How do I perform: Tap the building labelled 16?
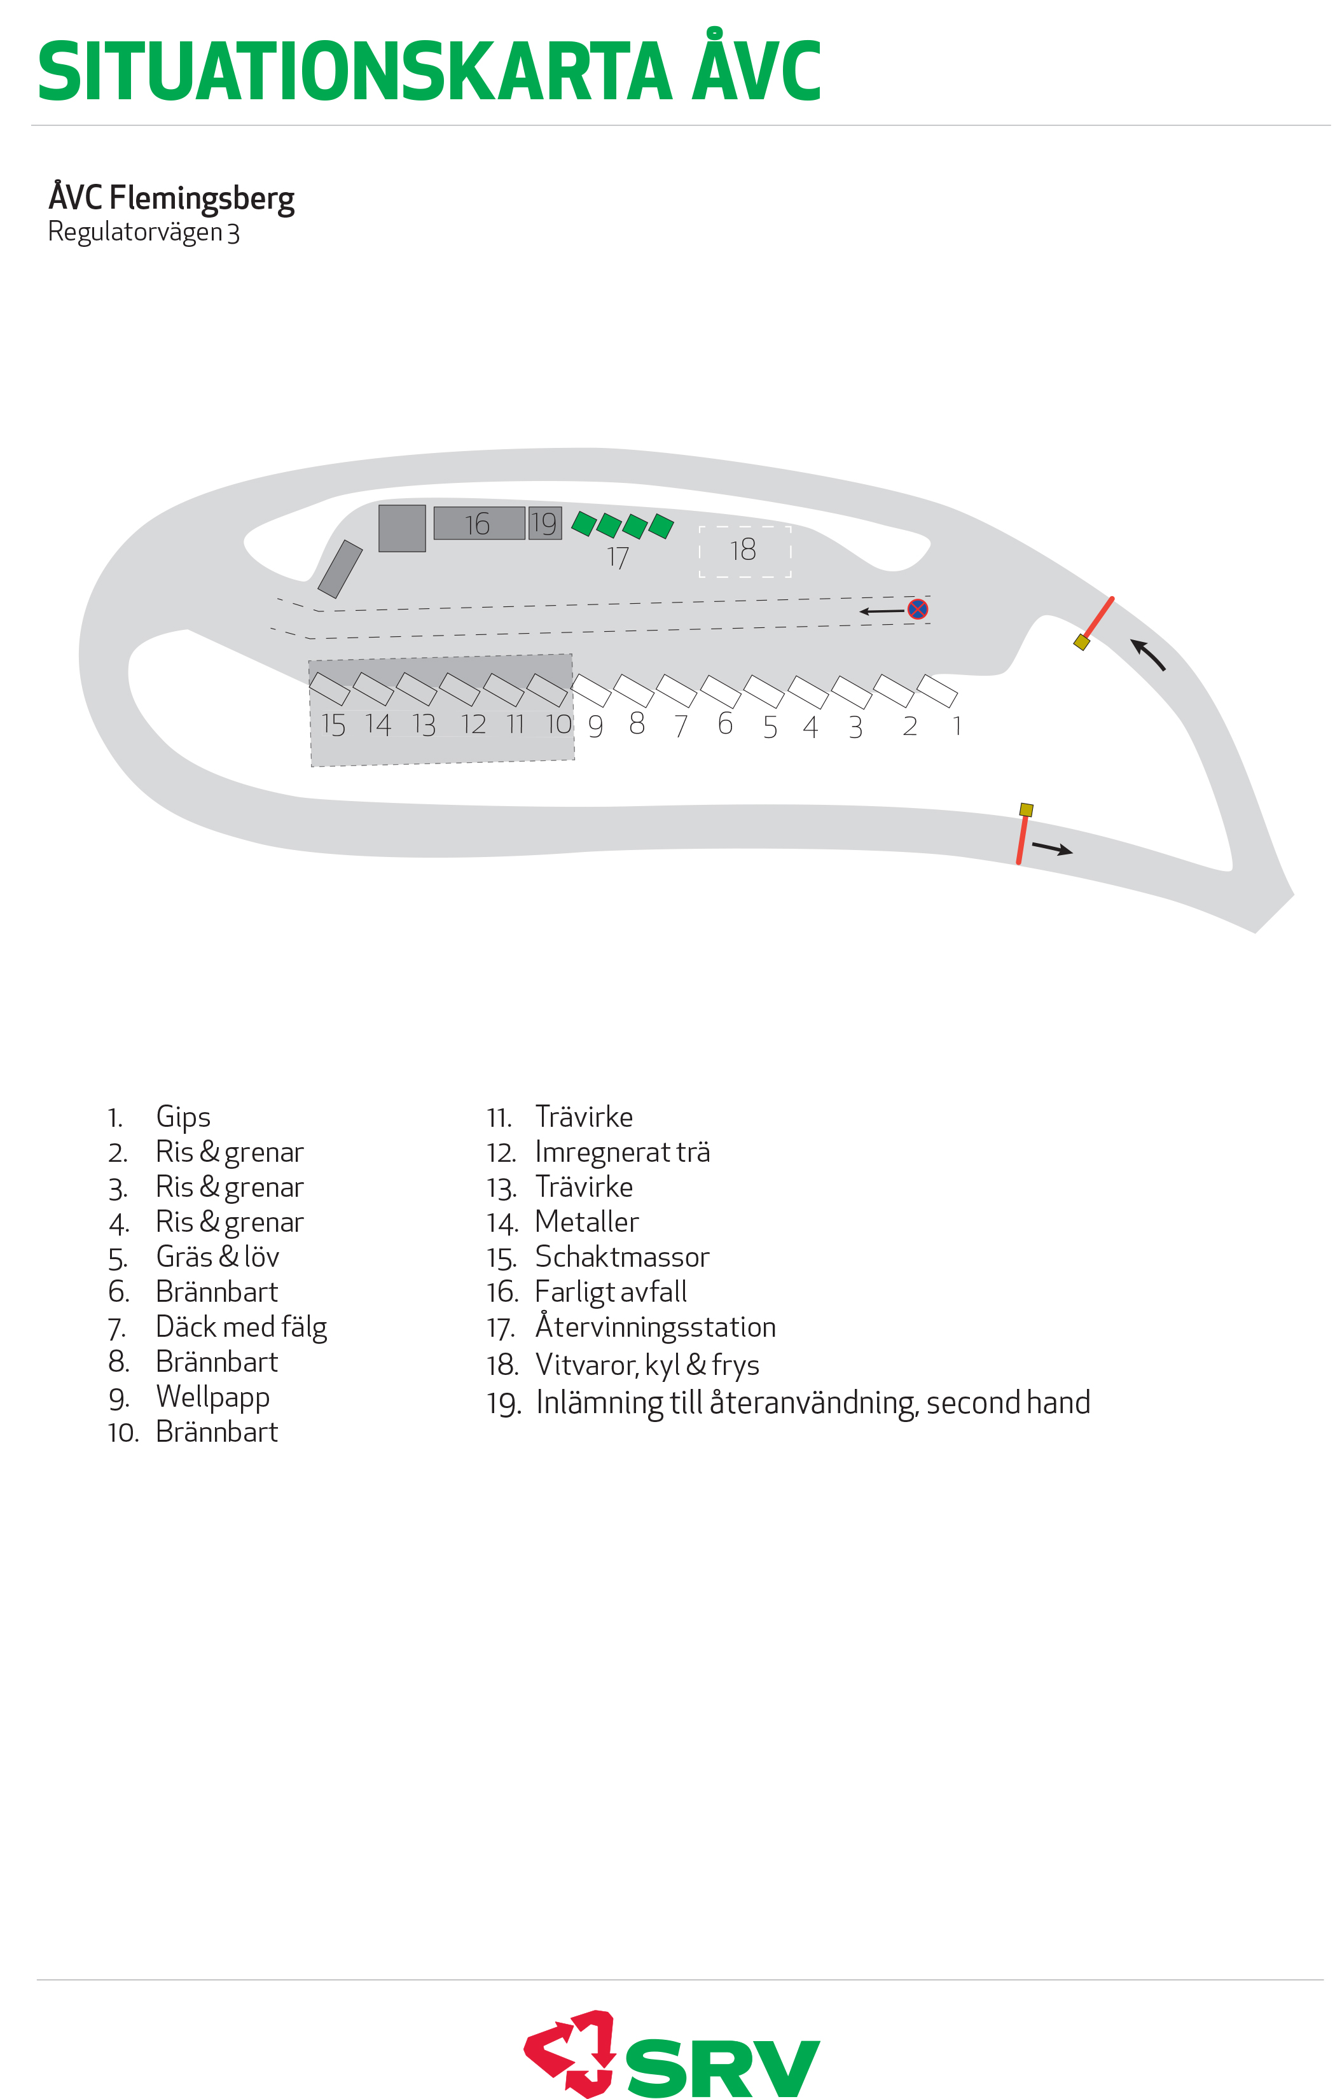pos(480,523)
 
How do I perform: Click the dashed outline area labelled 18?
pos(745,551)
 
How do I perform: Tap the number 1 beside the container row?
pos(957,725)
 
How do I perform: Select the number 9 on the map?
pos(596,726)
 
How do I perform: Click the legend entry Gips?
pos(183,1117)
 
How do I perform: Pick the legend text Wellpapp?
pos(212,1397)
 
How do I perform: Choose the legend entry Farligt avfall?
pos(611,1292)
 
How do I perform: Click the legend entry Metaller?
pos(586,1222)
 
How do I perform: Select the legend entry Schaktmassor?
pos(622,1257)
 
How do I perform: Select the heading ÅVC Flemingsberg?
pos(172,198)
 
